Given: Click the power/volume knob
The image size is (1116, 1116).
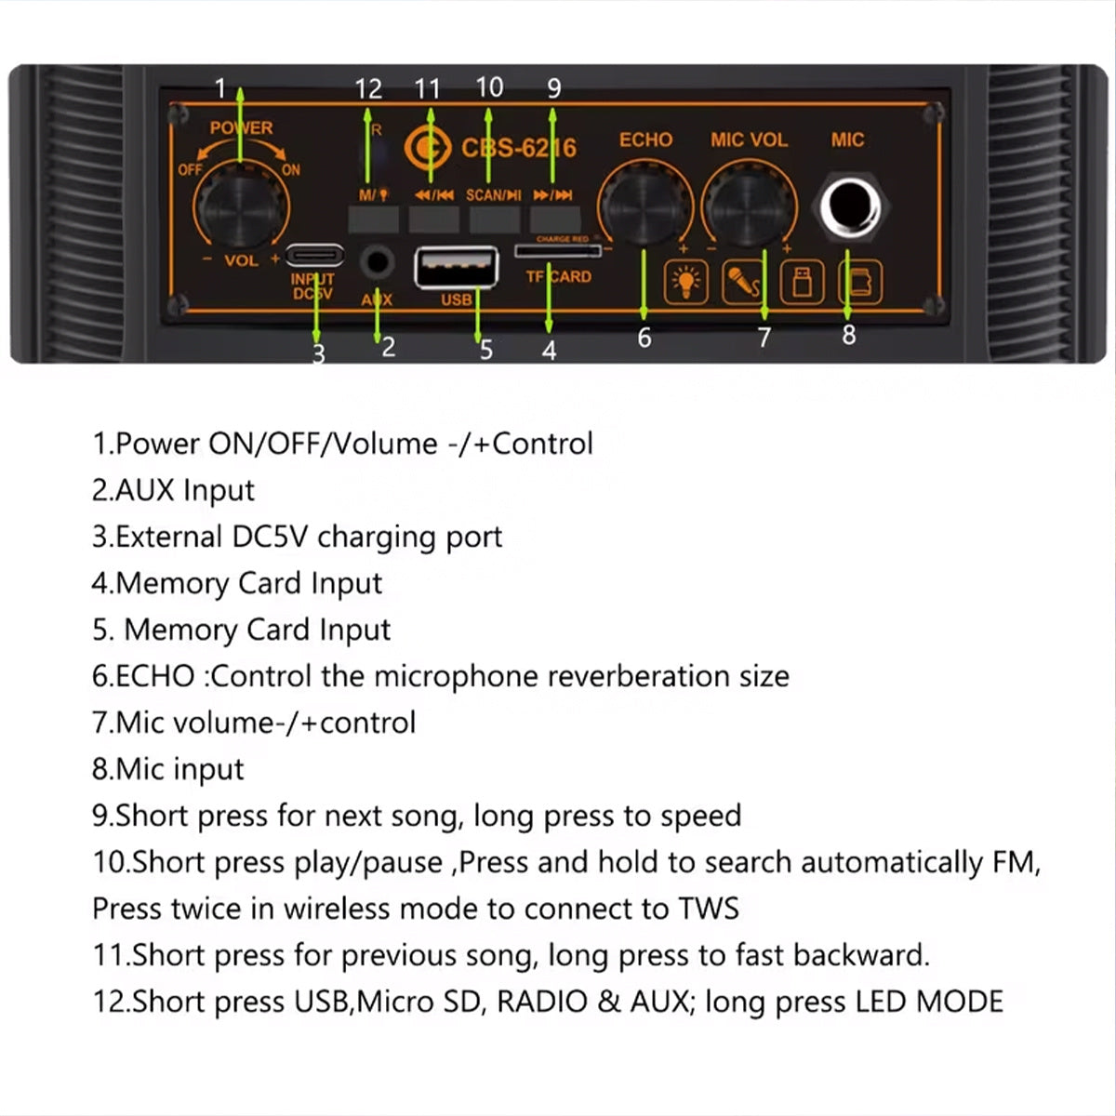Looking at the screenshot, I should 239,206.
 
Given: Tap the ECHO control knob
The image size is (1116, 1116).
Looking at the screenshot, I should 644,204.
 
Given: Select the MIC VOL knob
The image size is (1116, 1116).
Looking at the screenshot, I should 749,204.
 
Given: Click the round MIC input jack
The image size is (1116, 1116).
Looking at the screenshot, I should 847,206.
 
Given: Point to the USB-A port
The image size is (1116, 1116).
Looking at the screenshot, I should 456,268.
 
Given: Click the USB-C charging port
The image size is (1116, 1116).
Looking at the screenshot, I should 314,255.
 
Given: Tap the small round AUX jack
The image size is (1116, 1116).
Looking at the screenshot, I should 377,261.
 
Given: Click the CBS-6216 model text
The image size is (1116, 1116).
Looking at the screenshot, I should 518,148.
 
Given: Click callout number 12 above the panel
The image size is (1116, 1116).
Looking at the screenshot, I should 368,89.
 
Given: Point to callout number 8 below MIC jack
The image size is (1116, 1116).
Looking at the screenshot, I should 848,335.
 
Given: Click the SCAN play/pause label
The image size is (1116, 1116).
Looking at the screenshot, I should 493,195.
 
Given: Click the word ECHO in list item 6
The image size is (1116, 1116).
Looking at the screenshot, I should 154,676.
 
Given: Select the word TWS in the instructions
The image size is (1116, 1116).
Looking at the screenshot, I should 708,909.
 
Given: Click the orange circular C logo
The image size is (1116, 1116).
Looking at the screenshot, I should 427,147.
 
